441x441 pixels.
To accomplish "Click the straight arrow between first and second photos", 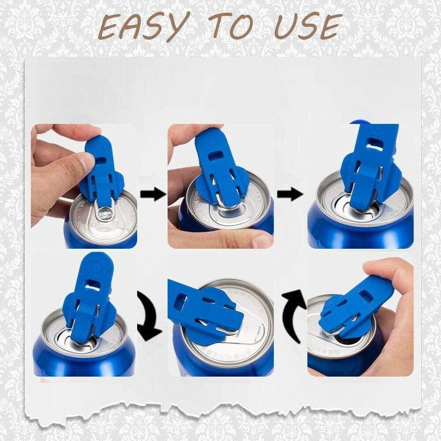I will tap(153, 194).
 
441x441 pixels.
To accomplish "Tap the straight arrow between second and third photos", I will tap(290, 194).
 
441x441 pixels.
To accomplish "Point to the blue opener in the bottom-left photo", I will tap(88, 300).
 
